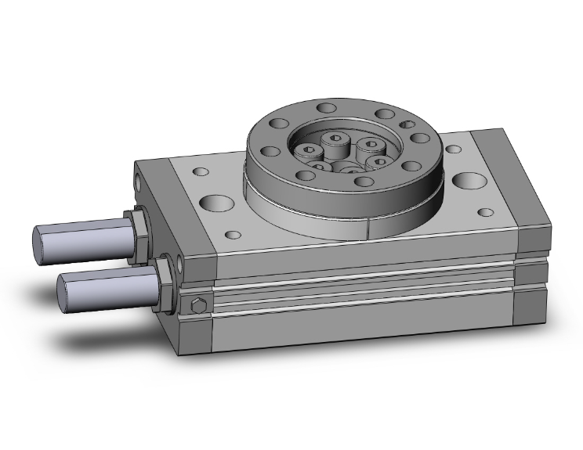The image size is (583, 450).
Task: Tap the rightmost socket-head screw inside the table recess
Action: (379, 161)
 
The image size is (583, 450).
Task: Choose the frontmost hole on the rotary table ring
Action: (363, 182)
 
